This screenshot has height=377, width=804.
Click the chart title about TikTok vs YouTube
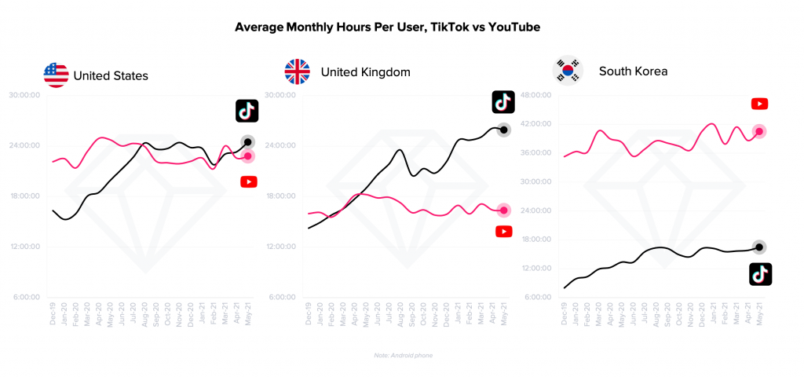click(x=388, y=27)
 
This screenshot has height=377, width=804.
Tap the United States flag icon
click(x=56, y=75)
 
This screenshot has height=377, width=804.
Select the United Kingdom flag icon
click(x=297, y=72)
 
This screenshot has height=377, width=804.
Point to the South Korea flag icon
click(x=568, y=71)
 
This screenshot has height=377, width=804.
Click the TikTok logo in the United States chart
click(x=247, y=112)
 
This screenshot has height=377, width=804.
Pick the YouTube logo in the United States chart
click(x=248, y=182)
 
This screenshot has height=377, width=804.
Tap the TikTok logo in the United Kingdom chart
click(x=503, y=102)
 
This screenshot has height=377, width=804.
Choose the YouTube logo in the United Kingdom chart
click(x=504, y=231)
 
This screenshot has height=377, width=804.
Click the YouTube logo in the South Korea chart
click(x=759, y=104)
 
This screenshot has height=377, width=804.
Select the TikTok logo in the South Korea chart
click(x=760, y=274)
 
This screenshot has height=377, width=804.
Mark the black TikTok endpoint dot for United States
click(x=248, y=142)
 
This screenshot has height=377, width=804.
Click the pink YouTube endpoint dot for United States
click(x=248, y=156)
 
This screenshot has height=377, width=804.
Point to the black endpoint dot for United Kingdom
click(x=504, y=130)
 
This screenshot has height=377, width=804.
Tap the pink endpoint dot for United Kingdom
click(x=504, y=210)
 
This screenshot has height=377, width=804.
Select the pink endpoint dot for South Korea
click(x=759, y=132)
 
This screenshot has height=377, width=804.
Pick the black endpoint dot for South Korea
click(x=759, y=247)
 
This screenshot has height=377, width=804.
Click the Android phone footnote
click(x=402, y=356)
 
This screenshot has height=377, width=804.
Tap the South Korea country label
click(x=633, y=71)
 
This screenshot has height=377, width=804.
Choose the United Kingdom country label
click(x=366, y=73)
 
